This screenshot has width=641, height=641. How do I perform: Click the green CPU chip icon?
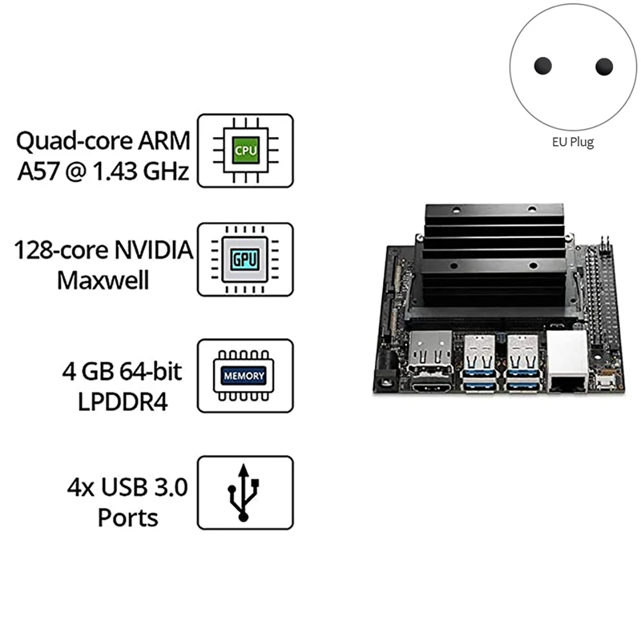(x=245, y=150)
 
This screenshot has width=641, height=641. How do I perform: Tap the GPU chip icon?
(x=245, y=260)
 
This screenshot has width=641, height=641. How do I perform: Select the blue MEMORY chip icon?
(x=245, y=375)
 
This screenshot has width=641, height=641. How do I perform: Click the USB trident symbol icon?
(x=245, y=492)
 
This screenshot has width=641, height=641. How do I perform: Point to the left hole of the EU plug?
(x=543, y=66)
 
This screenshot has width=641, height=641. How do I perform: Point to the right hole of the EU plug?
(x=604, y=66)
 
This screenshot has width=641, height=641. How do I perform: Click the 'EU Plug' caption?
(x=573, y=143)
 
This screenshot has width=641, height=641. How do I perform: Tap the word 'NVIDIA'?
(x=154, y=251)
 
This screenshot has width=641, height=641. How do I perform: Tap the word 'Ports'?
(x=127, y=517)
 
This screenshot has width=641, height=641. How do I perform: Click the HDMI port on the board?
(x=430, y=387)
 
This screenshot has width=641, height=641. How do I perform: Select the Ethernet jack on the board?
(x=567, y=365)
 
